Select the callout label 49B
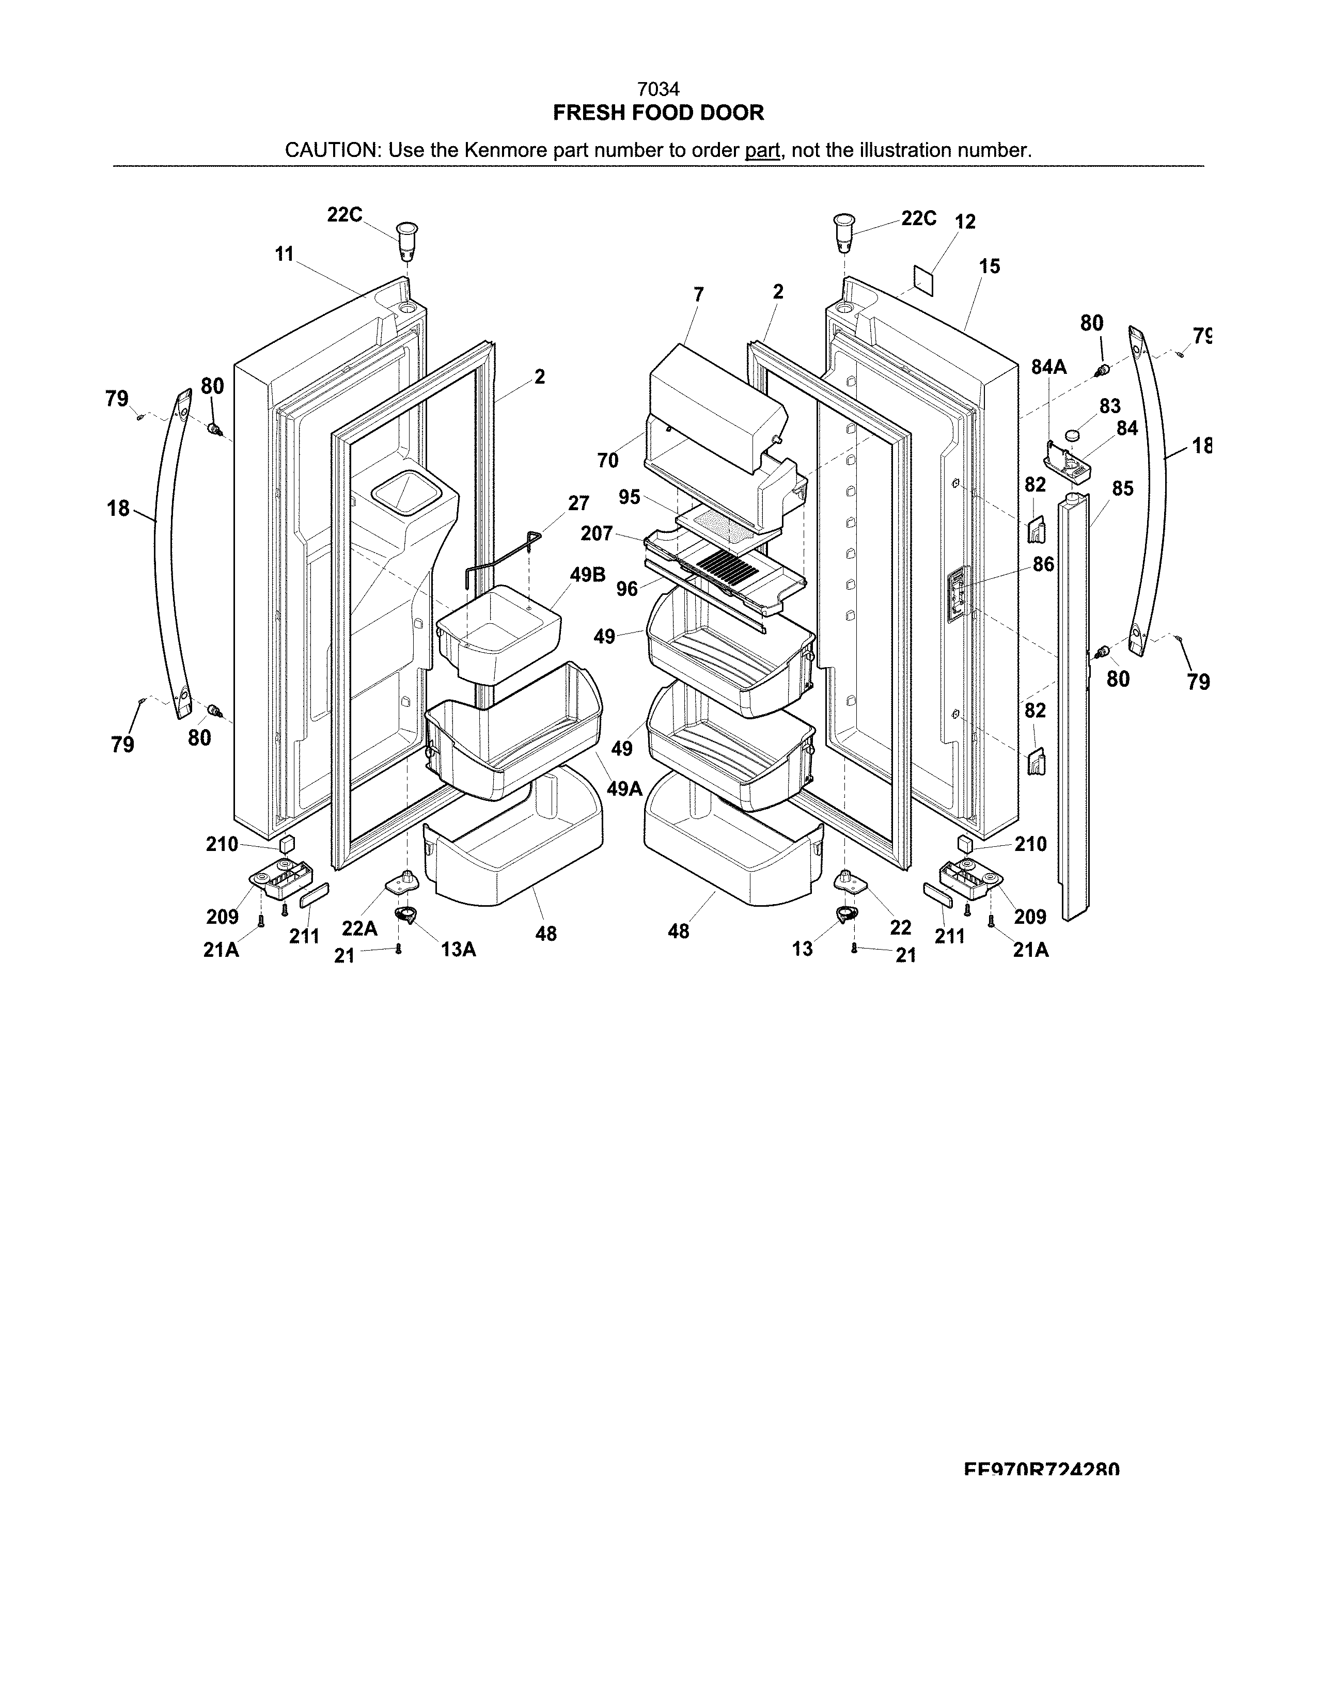point(588,575)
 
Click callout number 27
point(578,503)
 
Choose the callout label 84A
point(1048,367)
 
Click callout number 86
point(1043,564)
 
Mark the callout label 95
point(629,497)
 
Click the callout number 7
point(698,294)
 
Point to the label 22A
point(359,928)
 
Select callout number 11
point(284,254)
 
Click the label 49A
point(624,789)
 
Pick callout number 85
point(1122,488)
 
